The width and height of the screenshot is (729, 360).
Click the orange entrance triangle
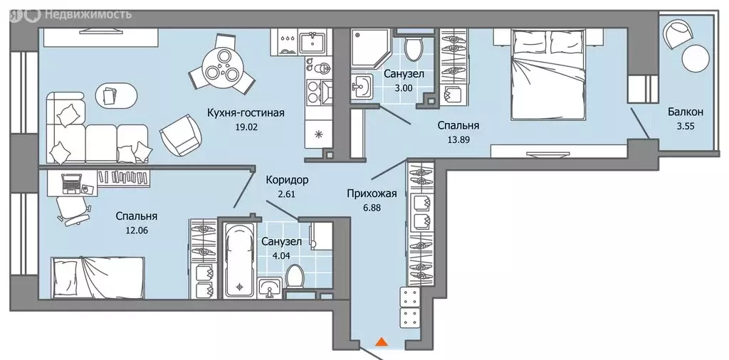(382, 342)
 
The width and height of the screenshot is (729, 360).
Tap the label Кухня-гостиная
(246, 112)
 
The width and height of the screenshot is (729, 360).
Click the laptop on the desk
(71, 184)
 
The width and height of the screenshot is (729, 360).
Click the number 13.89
(458, 142)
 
